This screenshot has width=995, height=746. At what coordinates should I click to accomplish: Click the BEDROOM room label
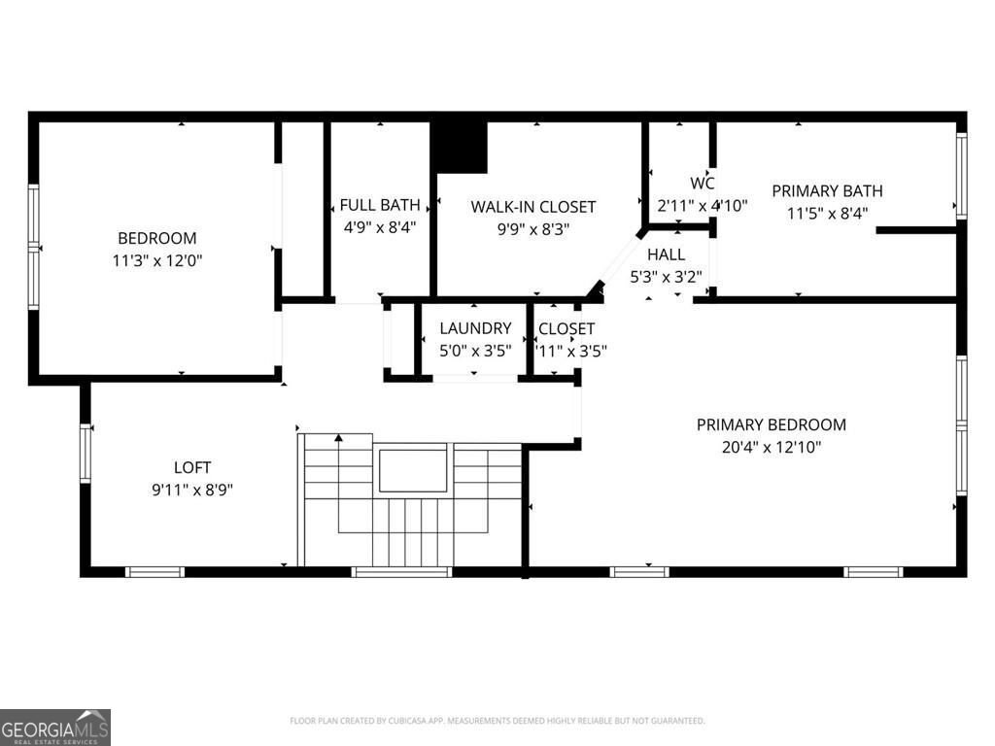tap(156, 238)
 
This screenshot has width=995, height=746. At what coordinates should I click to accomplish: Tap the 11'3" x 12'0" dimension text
tap(156, 260)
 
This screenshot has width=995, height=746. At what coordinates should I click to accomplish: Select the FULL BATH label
tap(379, 205)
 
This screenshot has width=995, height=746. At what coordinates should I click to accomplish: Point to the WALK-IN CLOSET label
tap(532, 206)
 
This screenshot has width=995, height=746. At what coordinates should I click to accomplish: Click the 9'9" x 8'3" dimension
tap(532, 229)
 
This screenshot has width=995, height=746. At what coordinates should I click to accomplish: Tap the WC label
tap(703, 184)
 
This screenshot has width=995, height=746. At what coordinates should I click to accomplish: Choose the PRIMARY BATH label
tap(827, 190)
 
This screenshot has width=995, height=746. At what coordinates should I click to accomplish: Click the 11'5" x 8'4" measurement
tap(827, 214)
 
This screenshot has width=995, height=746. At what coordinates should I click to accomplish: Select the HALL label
tap(666, 254)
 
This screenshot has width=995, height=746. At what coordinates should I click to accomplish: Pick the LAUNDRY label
tap(474, 328)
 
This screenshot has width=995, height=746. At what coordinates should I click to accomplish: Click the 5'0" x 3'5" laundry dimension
tap(474, 351)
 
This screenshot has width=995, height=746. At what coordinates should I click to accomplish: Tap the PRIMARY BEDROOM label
tap(771, 424)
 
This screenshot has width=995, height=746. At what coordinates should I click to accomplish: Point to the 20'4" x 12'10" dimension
tap(771, 448)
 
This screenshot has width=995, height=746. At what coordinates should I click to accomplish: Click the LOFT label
tap(191, 467)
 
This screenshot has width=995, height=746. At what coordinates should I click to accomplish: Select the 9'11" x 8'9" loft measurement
tap(191, 490)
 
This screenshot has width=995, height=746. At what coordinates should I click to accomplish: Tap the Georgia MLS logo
tap(55, 728)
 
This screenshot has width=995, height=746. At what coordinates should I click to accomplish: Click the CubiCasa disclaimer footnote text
tap(497, 721)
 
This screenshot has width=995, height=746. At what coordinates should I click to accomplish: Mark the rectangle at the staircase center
tap(412, 470)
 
